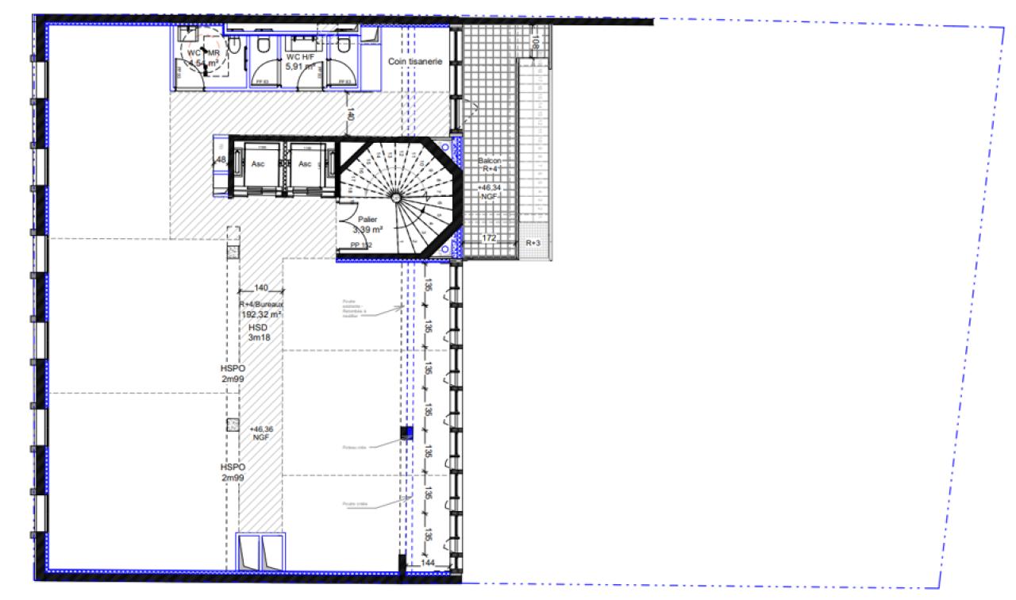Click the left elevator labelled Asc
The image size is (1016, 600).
tap(258, 164)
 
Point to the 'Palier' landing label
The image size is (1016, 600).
tap(368, 219)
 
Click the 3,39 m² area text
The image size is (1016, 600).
tap(368, 229)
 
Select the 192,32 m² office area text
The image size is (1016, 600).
tap(262, 314)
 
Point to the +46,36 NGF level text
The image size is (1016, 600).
tap(260, 433)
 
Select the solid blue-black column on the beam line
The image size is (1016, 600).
tap(406, 433)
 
